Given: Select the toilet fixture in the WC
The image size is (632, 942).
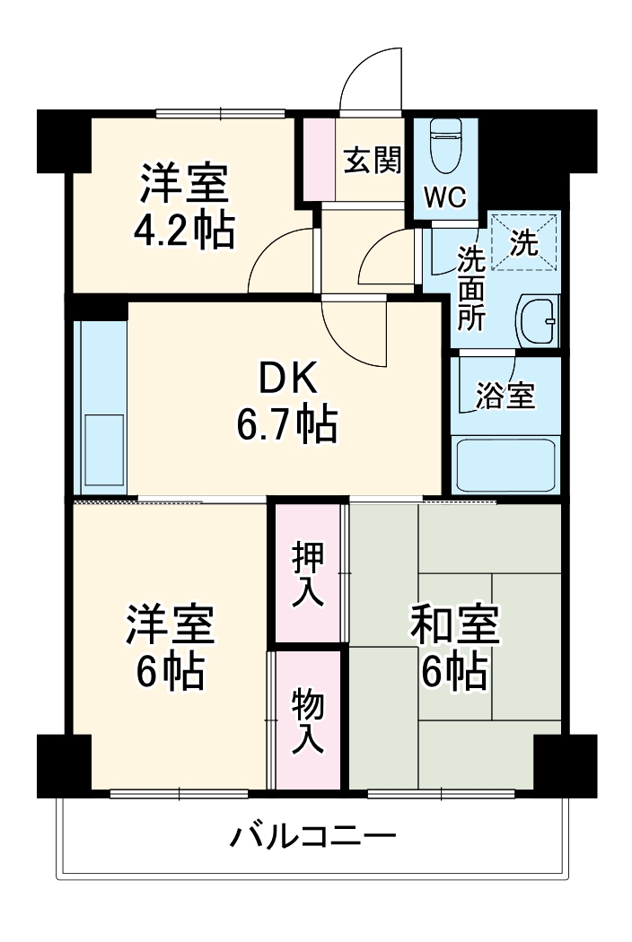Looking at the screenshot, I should coord(444,148).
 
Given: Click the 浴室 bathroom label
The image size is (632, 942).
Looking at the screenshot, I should coord(505,396).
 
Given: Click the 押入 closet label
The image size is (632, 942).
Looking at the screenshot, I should coord(308,574).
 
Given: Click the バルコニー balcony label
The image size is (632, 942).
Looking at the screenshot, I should coord(313,838).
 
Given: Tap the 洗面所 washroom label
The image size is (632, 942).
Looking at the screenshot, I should coord(470,288).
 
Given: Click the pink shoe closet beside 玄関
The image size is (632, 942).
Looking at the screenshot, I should coord(315,159).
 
